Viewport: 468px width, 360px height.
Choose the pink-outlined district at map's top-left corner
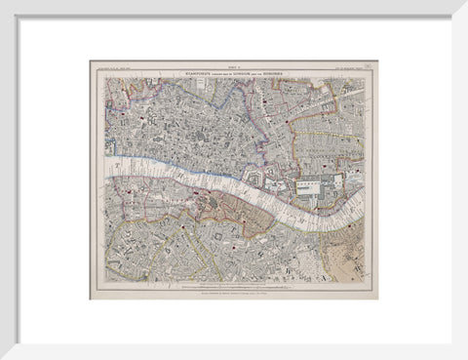[122, 93]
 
